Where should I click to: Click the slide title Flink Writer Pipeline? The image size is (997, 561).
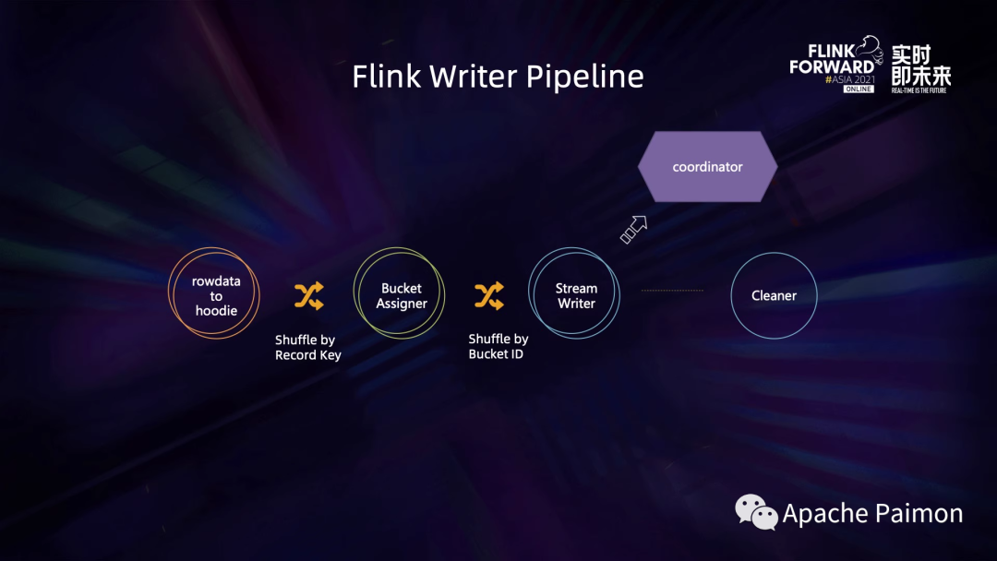[x=498, y=77]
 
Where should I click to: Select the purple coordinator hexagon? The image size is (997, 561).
[x=708, y=167]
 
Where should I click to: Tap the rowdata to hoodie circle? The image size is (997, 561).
[x=215, y=295]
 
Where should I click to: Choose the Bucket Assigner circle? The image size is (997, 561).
[x=401, y=295]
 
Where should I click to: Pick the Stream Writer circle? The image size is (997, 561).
[x=575, y=295]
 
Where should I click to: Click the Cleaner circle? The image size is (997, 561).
[x=774, y=295]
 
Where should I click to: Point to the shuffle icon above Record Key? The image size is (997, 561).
[x=308, y=296]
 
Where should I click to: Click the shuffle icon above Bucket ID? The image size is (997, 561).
[x=488, y=296]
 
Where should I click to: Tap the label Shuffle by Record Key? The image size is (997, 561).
[x=307, y=348]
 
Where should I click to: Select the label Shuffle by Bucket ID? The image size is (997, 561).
[x=498, y=347]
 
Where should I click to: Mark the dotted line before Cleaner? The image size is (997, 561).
[x=672, y=291]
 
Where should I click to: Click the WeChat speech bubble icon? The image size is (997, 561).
[x=756, y=512]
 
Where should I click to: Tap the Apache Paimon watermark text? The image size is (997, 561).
[x=872, y=514]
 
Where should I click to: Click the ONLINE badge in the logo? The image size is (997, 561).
[x=858, y=89]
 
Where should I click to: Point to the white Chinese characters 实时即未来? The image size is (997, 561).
[x=920, y=66]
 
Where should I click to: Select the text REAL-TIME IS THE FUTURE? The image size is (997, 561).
[x=920, y=90]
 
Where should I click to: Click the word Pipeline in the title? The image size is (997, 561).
[x=584, y=78]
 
